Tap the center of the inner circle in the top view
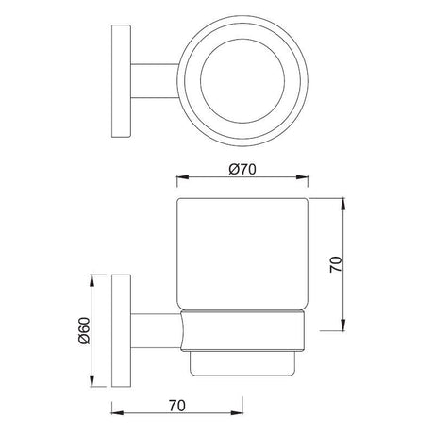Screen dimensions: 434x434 [243, 71]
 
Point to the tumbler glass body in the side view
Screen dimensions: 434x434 [244, 255]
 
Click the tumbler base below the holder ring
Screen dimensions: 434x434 [244, 359]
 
